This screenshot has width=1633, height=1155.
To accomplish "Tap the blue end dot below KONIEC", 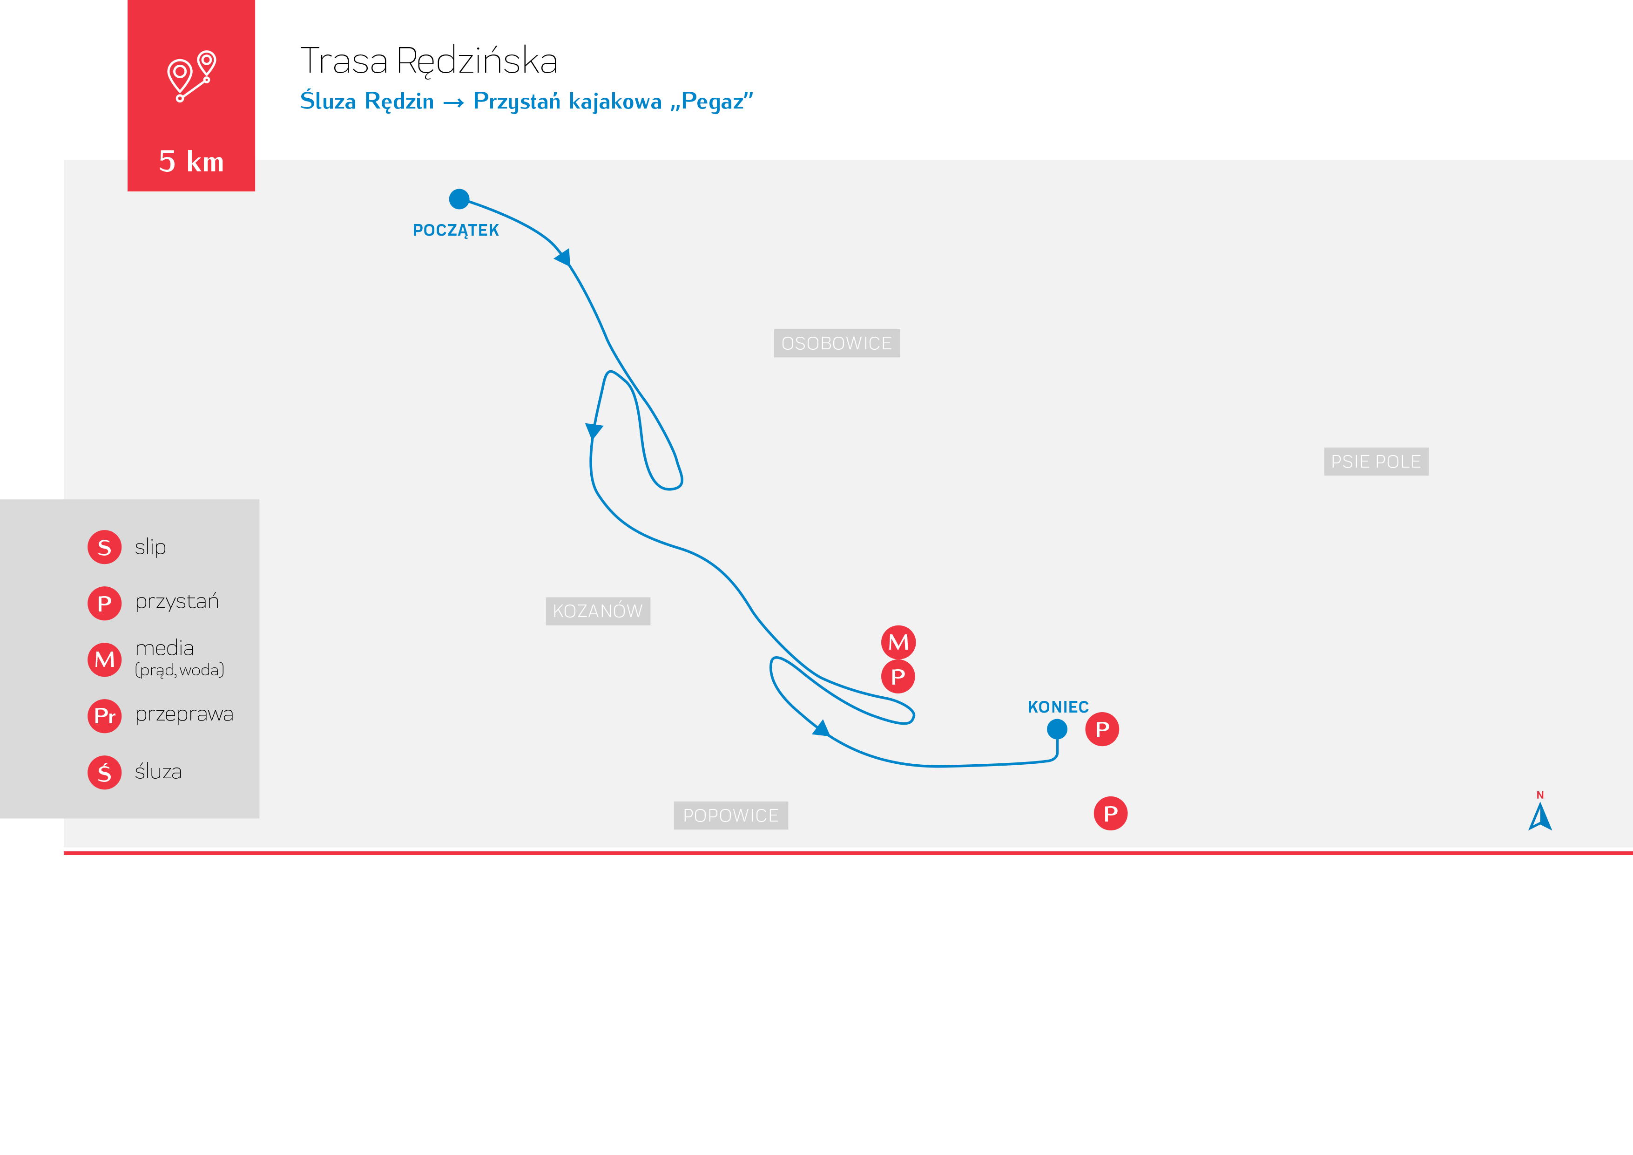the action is pyautogui.click(x=1057, y=729).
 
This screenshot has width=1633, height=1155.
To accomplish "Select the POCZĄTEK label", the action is pyautogui.click(x=456, y=231).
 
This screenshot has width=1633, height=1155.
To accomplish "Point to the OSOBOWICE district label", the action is pyautogui.click(x=837, y=343).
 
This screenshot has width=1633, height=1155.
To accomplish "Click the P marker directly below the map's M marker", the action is pyautogui.click(x=898, y=676).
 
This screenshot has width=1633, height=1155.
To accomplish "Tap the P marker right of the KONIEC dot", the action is pyautogui.click(x=1102, y=729).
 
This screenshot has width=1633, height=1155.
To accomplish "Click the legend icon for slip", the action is pyautogui.click(x=105, y=547).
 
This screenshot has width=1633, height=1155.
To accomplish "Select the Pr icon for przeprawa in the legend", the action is pyautogui.click(x=105, y=716).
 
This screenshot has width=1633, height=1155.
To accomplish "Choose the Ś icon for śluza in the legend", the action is pyautogui.click(x=105, y=772).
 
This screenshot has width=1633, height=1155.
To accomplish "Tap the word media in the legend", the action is pyautogui.click(x=164, y=648).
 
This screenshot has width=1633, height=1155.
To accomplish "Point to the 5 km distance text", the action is pyautogui.click(x=191, y=162).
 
